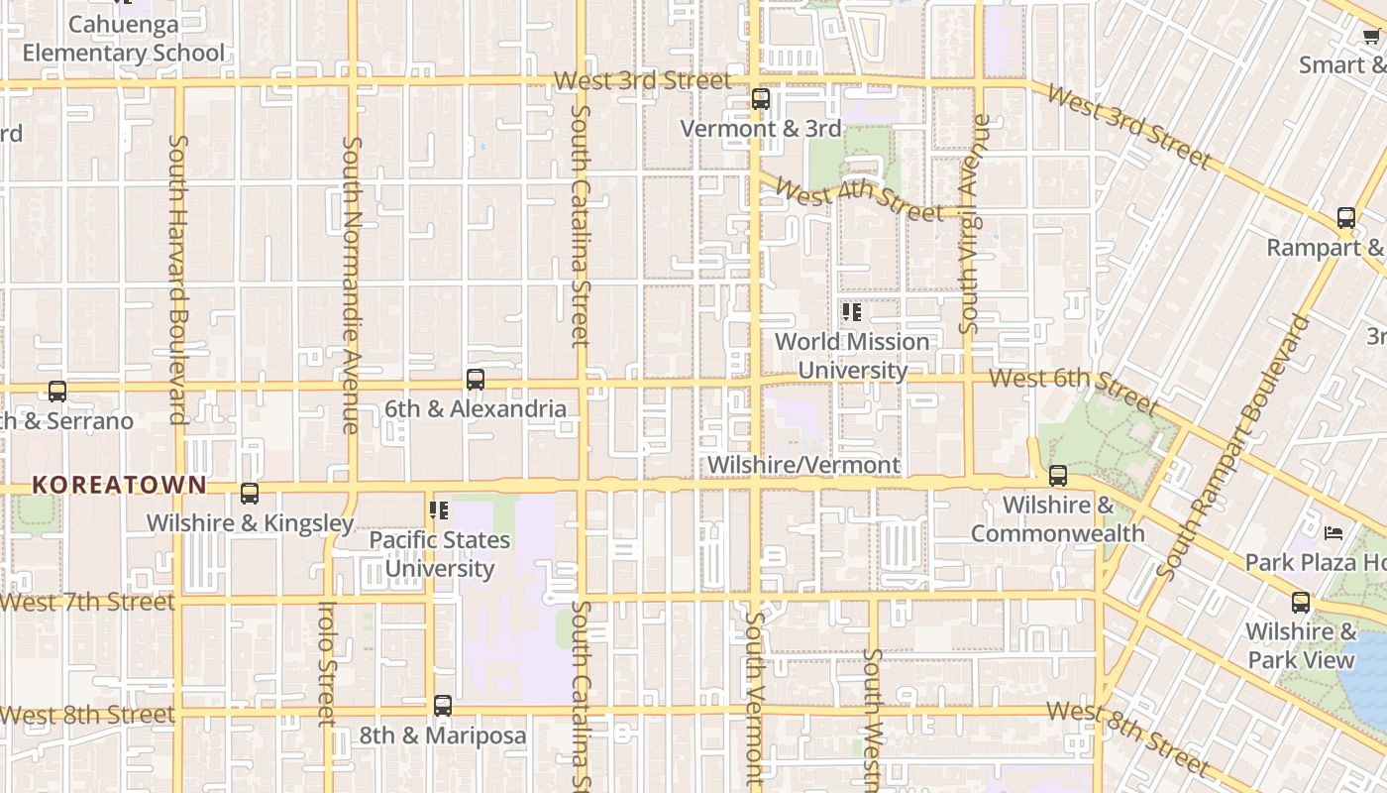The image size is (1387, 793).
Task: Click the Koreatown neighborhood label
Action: (119, 485)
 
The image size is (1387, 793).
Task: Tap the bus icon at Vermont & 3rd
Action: (761, 99)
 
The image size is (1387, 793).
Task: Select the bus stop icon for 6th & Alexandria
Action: (476, 380)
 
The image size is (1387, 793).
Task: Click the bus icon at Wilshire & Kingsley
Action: (250, 494)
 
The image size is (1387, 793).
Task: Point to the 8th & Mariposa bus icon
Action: (443, 706)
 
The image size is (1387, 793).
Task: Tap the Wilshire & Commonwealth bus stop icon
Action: (1058, 476)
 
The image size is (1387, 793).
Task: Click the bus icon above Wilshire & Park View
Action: (1301, 602)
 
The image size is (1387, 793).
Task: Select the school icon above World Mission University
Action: (851, 313)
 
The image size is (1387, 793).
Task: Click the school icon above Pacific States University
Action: (439, 510)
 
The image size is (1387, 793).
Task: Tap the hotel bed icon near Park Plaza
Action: (1334, 533)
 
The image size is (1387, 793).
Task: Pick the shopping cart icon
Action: (1371, 37)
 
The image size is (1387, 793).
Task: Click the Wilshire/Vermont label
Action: (803, 465)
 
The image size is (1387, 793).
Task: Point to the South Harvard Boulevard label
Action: (178, 280)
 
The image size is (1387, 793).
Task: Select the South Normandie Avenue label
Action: (351, 284)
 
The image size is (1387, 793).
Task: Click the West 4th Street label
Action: (859, 198)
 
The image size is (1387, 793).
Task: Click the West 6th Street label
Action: (1074, 391)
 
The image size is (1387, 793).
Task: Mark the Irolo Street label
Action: (327, 662)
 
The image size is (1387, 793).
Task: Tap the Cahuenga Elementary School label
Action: (124, 39)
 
